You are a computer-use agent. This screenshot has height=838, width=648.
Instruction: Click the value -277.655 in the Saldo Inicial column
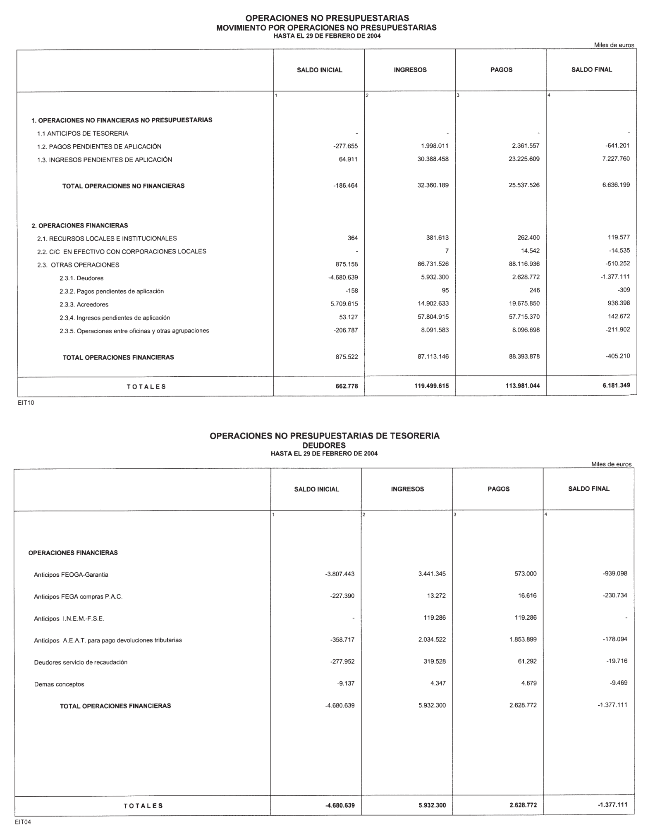(345, 146)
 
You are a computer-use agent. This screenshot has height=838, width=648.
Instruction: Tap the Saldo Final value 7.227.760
(616, 159)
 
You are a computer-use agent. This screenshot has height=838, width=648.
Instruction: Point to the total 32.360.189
(433, 185)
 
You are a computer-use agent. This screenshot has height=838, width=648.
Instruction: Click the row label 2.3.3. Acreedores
(84, 305)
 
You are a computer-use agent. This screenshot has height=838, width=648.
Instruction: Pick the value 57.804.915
(433, 317)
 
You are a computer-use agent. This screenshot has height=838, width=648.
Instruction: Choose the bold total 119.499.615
(431, 386)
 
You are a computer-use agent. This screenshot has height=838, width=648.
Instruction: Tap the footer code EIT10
(26, 403)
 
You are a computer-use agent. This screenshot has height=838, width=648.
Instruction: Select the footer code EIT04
(23, 822)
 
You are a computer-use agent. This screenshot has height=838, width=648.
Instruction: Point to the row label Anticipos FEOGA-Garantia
(71, 575)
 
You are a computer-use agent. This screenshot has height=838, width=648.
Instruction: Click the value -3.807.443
(340, 574)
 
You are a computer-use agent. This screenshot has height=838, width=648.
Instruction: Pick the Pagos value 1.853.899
(523, 640)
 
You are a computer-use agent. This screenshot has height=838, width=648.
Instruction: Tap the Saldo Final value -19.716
(617, 661)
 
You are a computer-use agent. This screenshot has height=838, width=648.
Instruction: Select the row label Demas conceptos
(59, 684)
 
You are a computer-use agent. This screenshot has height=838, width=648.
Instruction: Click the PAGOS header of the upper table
(501, 70)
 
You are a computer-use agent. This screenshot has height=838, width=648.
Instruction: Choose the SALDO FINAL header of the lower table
(588, 489)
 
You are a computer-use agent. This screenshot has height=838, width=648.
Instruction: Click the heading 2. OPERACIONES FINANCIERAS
(80, 226)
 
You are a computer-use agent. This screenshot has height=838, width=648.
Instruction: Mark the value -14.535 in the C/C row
(618, 251)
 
